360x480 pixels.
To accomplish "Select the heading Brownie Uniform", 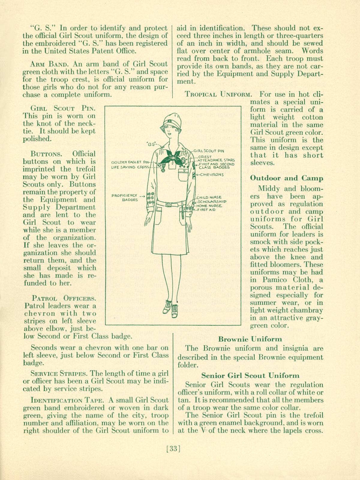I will click(x=250, y=339).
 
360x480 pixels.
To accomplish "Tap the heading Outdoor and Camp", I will click(x=286, y=178).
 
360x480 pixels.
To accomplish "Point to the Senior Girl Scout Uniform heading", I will click(x=250, y=375).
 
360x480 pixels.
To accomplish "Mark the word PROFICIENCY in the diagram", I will click(x=124, y=195).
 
